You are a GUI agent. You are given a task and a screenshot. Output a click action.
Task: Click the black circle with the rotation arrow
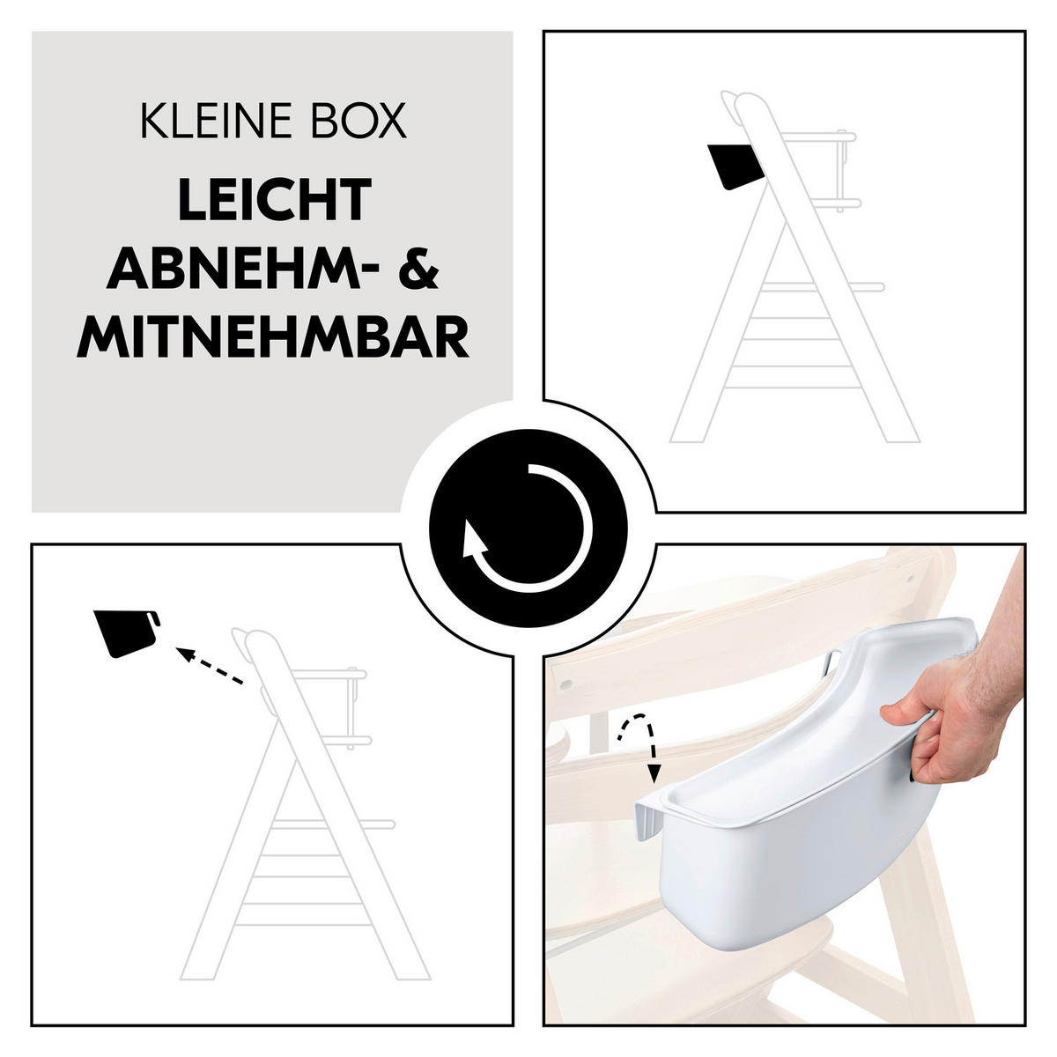[528, 528]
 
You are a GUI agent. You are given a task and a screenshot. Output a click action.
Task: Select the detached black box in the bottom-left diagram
[126, 632]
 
